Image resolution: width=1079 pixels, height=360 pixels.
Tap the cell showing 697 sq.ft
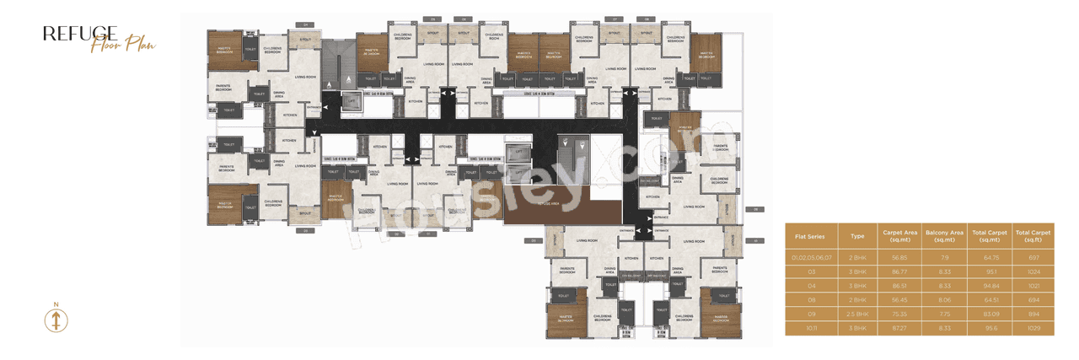[1033, 256]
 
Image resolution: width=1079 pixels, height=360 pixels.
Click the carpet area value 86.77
[899, 271]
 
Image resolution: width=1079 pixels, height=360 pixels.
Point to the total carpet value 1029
[1033, 328]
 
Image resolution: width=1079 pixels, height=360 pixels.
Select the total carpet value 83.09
[989, 314]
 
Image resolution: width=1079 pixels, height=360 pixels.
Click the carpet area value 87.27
[899, 328]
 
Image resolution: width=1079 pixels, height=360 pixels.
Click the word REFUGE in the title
[80, 33]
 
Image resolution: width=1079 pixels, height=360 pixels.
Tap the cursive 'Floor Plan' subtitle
[123, 45]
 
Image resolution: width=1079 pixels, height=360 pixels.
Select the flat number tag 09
[756, 208]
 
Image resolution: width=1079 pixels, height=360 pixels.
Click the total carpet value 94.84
[989, 285]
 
